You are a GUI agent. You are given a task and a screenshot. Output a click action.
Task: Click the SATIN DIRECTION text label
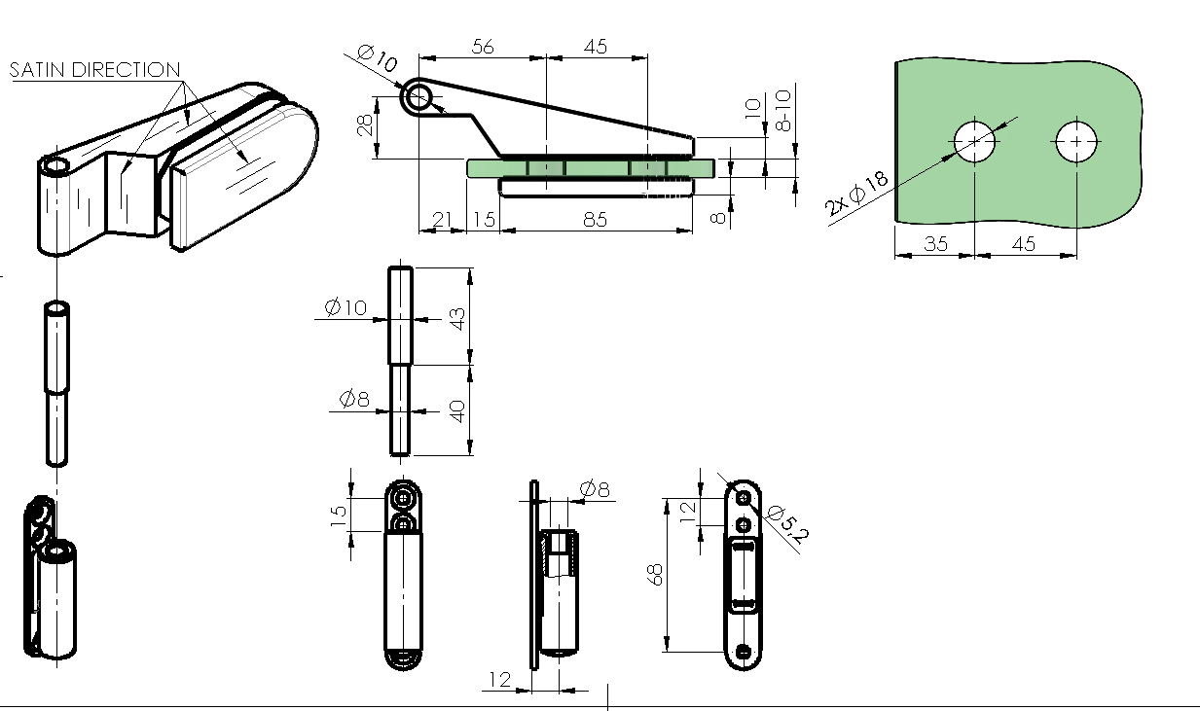pos(94,70)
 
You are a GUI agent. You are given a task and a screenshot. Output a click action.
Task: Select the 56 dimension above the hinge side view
pos(482,47)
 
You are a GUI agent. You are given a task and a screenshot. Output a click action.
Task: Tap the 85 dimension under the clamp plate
pos(595,220)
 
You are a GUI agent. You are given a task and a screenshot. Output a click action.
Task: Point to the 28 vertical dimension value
pos(365,125)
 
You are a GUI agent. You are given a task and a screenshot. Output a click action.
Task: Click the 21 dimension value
pos(442,220)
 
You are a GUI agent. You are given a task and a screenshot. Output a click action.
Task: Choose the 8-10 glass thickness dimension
pos(782,110)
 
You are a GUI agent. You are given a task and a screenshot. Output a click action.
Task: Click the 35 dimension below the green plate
pos(936,243)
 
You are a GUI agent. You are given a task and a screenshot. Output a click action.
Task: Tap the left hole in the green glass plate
pos(974,141)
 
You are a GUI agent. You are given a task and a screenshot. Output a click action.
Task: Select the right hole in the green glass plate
pos(1076,141)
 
